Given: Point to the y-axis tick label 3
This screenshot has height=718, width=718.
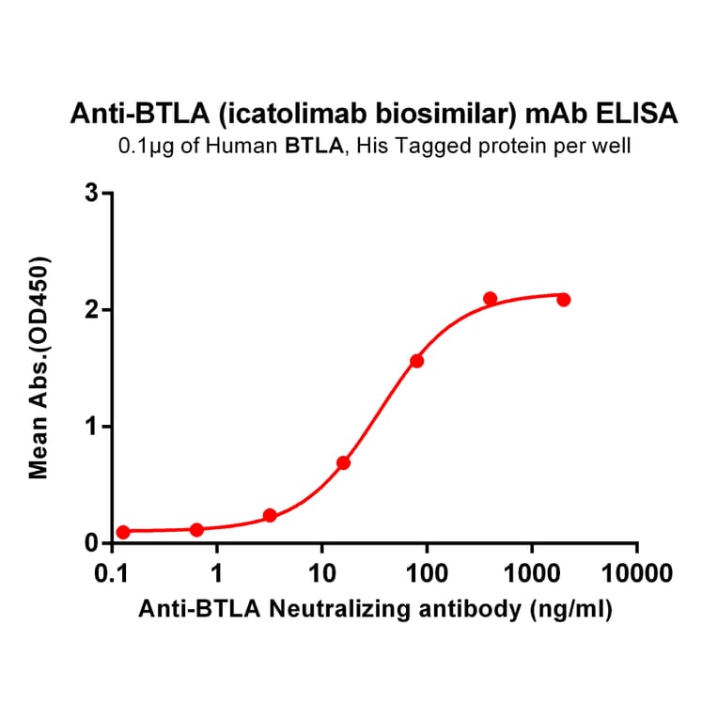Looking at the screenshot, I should pos(90,194).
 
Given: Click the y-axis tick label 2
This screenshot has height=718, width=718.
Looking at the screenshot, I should pos(90,310).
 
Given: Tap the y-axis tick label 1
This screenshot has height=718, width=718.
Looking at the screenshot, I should pos(90,427).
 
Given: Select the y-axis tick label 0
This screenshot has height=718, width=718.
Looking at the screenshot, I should pos(90,543).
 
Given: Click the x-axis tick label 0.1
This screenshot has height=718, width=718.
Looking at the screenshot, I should pos(112,572).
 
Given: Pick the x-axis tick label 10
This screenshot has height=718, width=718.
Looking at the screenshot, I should pos(321,572).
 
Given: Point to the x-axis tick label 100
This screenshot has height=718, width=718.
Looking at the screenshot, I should pos(427,572).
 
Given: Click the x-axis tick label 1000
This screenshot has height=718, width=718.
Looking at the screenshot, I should pos(532,572).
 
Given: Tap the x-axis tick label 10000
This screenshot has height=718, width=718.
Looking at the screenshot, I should pos(637,572).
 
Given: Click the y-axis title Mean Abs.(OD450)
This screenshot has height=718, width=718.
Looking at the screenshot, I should pos(39,367).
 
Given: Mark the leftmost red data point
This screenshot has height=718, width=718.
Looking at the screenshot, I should pos(123,532).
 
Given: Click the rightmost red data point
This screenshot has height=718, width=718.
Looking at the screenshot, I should pos(563,300).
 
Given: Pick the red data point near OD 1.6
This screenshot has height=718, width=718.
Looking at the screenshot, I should pos(416,361).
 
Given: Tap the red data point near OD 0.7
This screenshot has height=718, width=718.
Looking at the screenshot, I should pos(343,462).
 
